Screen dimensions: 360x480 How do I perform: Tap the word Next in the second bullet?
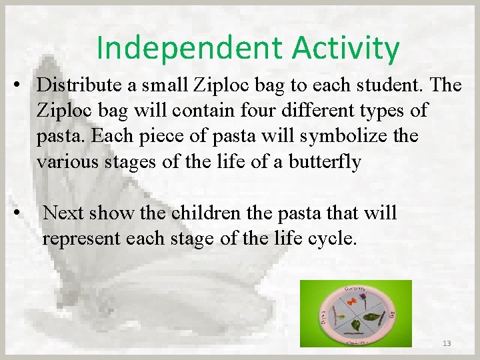click(64, 213)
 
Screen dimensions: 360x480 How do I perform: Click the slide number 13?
click(446, 343)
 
